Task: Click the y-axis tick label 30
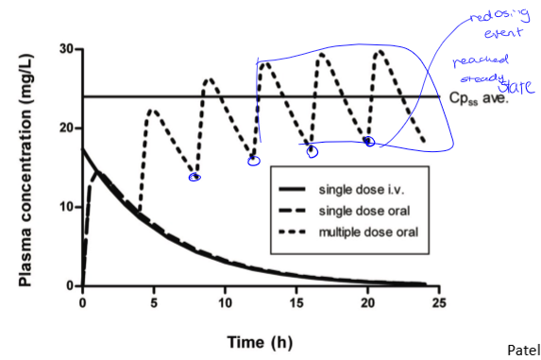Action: click(65, 48)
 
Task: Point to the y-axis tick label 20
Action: click(65, 128)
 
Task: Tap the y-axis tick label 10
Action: click(65, 207)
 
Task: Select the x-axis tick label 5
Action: click(154, 302)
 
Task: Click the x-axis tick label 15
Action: click(296, 302)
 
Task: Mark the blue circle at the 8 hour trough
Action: click(194, 177)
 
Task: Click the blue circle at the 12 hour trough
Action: click(253, 161)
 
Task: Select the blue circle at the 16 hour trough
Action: click(313, 151)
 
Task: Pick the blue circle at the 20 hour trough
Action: click(369, 142)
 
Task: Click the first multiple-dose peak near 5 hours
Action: click(153, 110)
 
